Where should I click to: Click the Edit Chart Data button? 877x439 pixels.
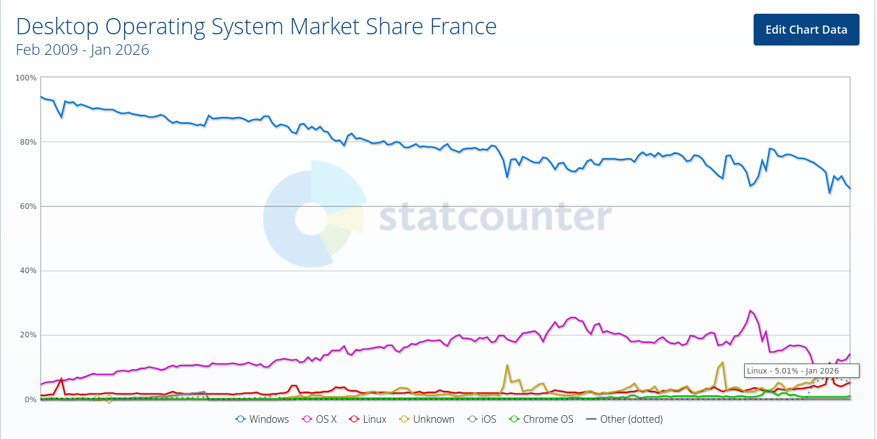[806, 30]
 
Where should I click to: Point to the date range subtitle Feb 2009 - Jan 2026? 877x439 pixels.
[82, 50]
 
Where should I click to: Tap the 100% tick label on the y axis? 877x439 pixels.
[26, 78]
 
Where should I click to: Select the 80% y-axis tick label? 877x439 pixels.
[27, 142]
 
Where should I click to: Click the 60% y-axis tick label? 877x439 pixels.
[27, 206]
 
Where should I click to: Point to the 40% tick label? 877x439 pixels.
[27, 271]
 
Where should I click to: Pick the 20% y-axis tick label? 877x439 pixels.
[27, 335]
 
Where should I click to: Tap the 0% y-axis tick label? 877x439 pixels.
[29, 399]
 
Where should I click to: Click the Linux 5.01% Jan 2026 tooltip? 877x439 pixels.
[801, 371]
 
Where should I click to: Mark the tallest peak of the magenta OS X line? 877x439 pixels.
[750, 311]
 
